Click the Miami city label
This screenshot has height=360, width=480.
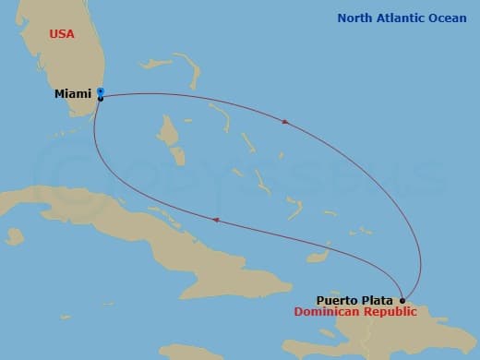(x=74, y=93)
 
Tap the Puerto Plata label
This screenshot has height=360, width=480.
(x=355, y=300)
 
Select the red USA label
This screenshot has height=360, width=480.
(x=62, y=34)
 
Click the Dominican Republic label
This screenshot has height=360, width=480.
(x=355, y=312)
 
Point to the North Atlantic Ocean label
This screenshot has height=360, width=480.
(x=402, y=18)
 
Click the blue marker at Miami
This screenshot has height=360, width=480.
(x=100, y=91)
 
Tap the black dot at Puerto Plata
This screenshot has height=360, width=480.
(x=402, y=300)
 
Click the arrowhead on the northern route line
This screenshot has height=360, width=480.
(x=286, y=121)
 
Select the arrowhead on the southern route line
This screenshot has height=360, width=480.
(x=216, y=220)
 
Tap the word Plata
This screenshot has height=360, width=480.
(x=378, y=300)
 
